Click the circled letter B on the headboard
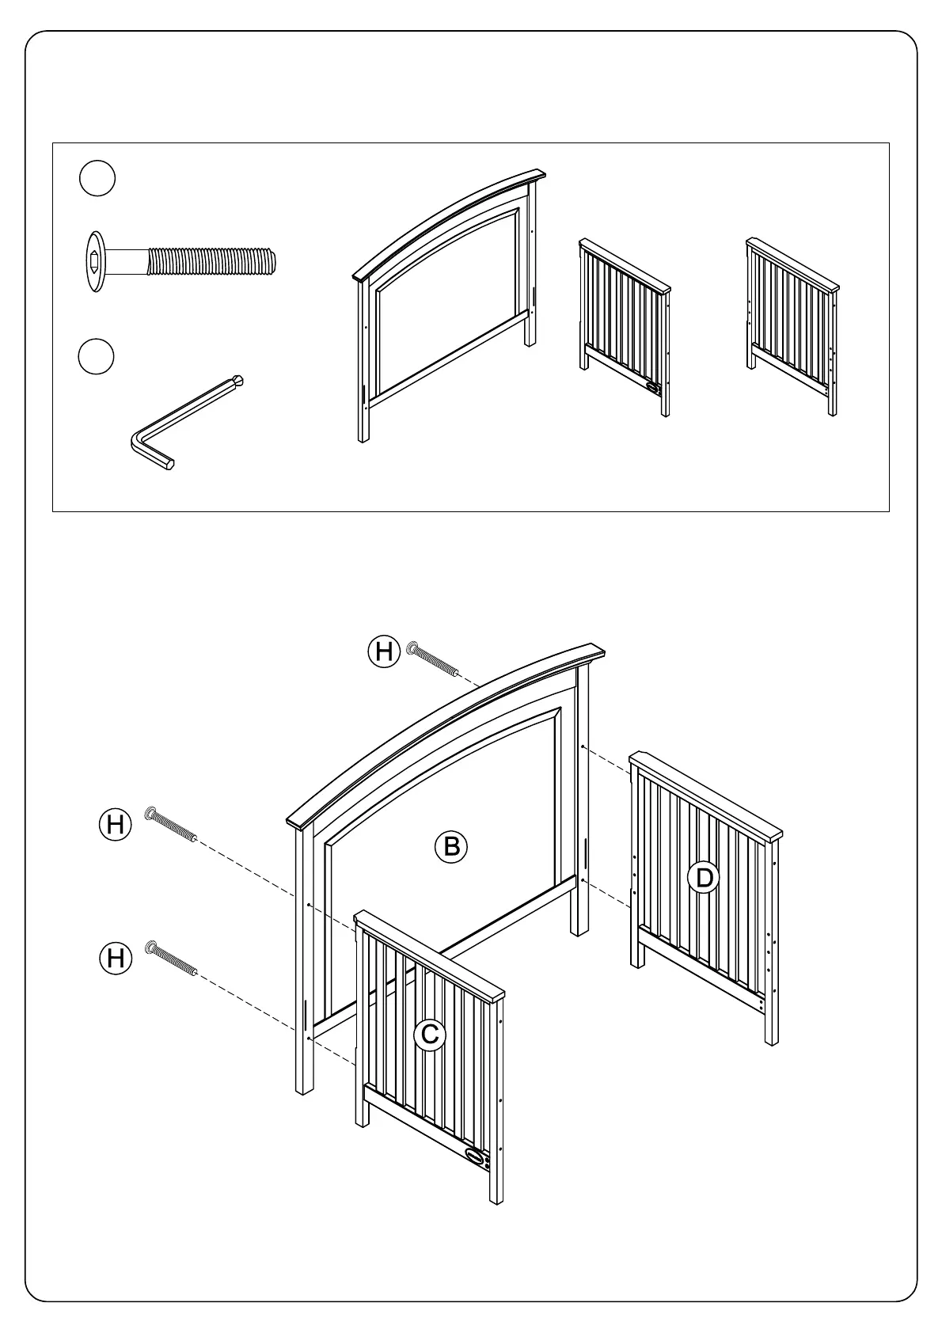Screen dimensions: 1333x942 click(x=451, y=846)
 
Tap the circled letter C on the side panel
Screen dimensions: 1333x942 click(x=430, y=1034)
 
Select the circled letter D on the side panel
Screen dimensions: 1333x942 click(x=703, y=878)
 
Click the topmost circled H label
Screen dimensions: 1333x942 click(x=384, y=652)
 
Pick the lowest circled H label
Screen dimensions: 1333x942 click(x=115, y=959)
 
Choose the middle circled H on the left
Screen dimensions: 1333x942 click(x=115, y=825)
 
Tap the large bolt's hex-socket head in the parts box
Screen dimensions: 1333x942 click(x=95, y=260)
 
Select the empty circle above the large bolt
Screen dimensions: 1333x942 click(x=97, y=179)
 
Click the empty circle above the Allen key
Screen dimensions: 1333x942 click(x=97, y=357)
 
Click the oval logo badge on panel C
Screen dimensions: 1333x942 click(x=475, y=1155)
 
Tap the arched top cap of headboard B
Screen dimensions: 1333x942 click(x=443, y=728)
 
